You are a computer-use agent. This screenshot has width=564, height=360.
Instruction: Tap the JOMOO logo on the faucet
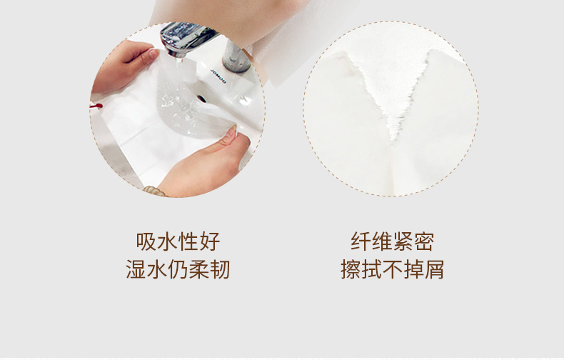[x=218, y=76]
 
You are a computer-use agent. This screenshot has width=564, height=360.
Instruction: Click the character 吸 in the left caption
[x=146, y=241]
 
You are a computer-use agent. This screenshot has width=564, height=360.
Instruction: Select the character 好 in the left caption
[x=209, y=241]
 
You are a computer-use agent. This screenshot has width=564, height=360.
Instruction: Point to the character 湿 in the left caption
[x=136, y=269]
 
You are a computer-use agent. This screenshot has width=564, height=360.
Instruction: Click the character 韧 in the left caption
[x=219, y=269]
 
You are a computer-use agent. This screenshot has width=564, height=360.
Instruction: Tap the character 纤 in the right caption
[x=361, y=241]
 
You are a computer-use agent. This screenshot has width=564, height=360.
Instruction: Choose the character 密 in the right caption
[x=424, y=241]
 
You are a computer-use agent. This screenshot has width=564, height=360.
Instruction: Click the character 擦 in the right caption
[x=351, y=269]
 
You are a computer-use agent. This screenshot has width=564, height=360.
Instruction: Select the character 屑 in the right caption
[x=434, y=269]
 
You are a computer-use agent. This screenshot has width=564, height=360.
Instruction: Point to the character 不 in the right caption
[x=392, y=269]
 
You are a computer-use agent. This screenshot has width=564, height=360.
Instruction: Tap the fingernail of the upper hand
[x=154, y=54]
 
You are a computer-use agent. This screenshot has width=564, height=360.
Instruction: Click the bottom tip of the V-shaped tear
[x=394, y=141]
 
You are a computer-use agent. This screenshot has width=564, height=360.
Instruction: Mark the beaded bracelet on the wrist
[x=155, y=191]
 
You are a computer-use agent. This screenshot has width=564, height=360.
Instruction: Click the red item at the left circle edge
[x=96, y=106]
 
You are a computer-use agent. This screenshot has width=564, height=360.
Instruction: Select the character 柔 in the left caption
[x=198, y=269]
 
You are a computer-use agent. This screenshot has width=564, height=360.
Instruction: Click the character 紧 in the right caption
[x=403, y=241]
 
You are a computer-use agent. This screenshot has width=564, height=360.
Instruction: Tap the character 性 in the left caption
[x=188, y=241]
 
